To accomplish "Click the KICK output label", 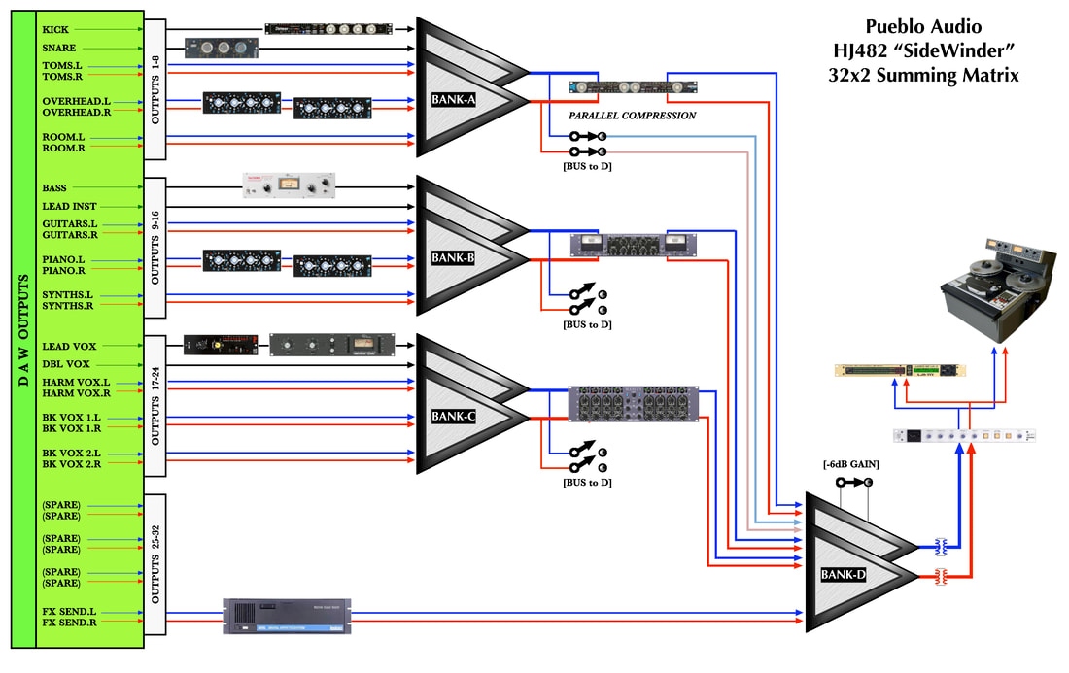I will click(x=55, y=29).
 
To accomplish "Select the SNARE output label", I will click(x=59, y=48).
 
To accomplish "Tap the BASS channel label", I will click(x=54, y=187).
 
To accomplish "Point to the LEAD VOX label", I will click(x=63, y=346).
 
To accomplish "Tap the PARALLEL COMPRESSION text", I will click(x=632, y=116).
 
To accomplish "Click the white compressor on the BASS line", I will click(x=288, y=185).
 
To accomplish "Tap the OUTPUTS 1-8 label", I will click(x=155, y=88).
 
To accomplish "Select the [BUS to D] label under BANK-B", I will click(x=587, y=324).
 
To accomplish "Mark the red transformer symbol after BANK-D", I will click(x=941, y=577).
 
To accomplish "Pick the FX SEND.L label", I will click(x=67, y=612).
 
